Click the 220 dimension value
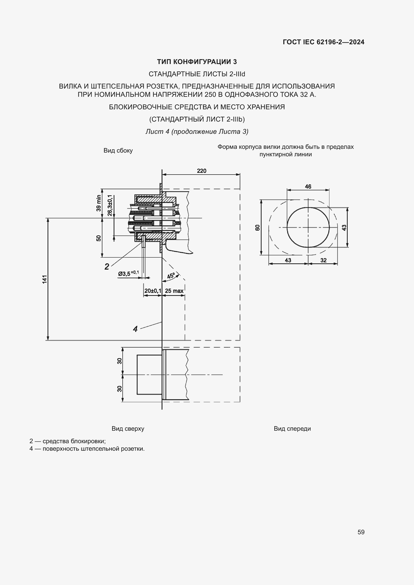[x=201, y=171]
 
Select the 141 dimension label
[x=45, y=279]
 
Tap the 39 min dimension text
[x=99, y=203]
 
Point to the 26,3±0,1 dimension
[x=110, y=205]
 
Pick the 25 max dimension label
[x=174, y=291]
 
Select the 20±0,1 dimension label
[x=153, y=291]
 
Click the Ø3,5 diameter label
[x=128, y=273]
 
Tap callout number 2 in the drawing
[x=107, y=267]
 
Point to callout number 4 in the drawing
[x=135, y=329]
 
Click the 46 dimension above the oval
[x=308, y=187]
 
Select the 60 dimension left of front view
[x=258, y=228]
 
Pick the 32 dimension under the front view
[x=323, y=260]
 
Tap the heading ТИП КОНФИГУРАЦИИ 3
[x=197, y=62]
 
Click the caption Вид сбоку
[x=118, y=151]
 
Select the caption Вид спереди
[x=292, y=429]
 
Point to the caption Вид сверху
[x=128, y=429]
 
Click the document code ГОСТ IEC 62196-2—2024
[x=323, y=42]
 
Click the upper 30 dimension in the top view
[x=119, y=361]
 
